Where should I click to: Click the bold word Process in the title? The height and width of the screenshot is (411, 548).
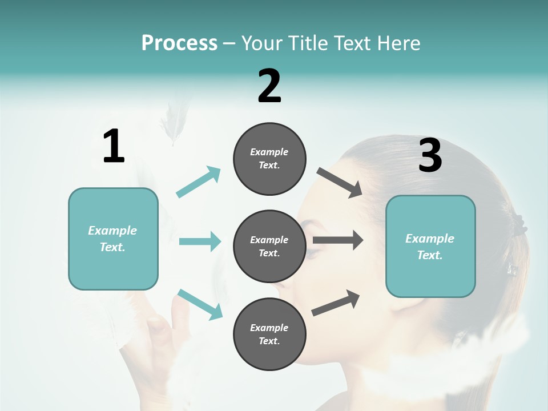pyautogui.click(x=179, y=43)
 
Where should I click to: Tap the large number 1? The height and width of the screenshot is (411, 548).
pyautogui.click(x=114, y=147)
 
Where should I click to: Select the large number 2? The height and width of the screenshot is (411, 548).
pyautogui.click(x=269, y=86)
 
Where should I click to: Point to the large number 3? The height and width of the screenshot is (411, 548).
pyautogui.click(x=430, y=156)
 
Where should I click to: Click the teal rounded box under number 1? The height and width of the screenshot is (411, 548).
pyautogui.click(x=113, y=239)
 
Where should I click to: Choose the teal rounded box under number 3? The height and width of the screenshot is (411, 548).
pyautogui.click(x=430, y=246)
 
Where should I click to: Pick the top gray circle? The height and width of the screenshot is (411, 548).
pyautogui.click(x=269, y=159)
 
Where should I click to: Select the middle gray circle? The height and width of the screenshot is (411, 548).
pyautogui.click(x=269, y=246)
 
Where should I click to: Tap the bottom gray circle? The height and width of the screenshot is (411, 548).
pyautogui.click(x=269, y=334)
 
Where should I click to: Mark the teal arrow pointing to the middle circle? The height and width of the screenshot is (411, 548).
pyautogui.click(x=200, y=241)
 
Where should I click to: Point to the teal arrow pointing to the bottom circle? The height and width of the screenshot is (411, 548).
pyautogui.click(x=200, y=304)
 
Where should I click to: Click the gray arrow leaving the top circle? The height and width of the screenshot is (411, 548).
pyautogui.click(x=340, y=183)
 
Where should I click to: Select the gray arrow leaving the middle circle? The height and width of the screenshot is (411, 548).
pyautogui.click(x=338, y=240)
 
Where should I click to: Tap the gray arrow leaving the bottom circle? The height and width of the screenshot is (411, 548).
pyautogui.click(x=336, y=303)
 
